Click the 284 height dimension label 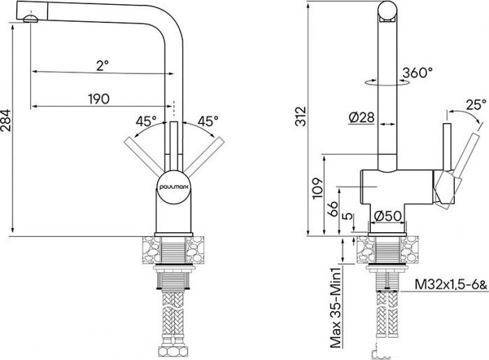(x=6, y=120)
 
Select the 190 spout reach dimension (x=99, y=99)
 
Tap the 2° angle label (x=102, y=66)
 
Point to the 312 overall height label (x=300, y=116)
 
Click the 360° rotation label (x=417, y=73)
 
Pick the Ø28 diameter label (x=361, y=117)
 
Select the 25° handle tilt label (x=476, y=105)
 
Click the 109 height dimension (x=317, y=188)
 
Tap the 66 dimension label (x=333, y=208)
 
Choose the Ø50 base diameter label (x=388, y=216)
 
